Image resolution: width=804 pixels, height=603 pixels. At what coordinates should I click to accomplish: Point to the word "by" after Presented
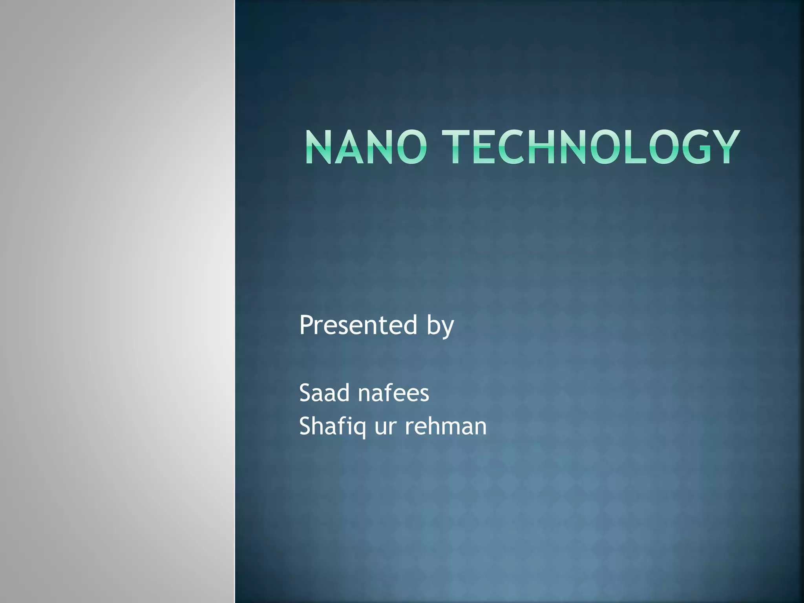(x=440, y=327)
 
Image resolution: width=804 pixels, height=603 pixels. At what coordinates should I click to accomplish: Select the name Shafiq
(x=332, y=427)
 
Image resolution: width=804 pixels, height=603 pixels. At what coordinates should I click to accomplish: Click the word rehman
(x=446, y=426)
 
